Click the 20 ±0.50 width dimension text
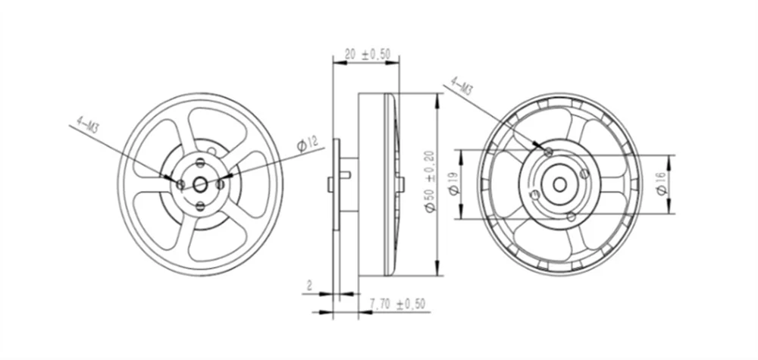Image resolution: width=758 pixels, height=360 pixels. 368,55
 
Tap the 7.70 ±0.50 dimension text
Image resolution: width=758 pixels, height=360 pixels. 397,304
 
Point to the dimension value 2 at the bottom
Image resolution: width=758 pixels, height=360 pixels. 309,286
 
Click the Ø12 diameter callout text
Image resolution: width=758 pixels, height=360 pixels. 306,143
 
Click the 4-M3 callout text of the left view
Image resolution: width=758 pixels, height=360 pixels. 89,124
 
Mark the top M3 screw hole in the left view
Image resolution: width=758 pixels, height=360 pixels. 200,162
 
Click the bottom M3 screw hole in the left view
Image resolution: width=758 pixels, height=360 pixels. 200,205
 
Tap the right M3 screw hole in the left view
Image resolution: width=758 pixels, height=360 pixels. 221,183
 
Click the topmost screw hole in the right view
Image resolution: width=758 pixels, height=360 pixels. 548,152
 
